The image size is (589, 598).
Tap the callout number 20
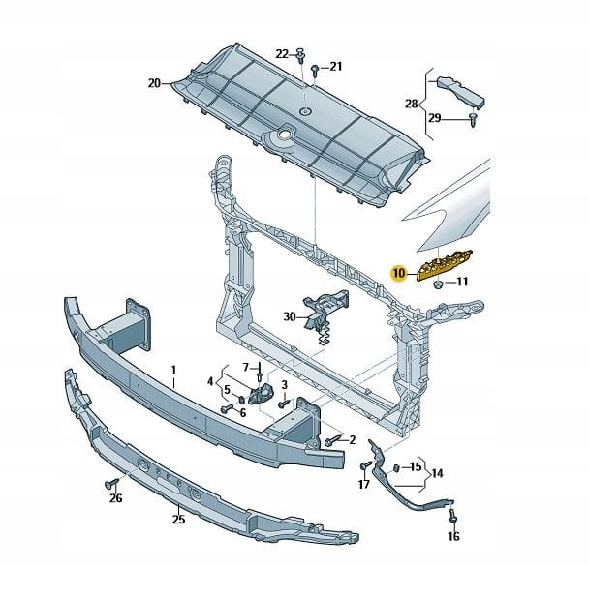[x=154, y=83]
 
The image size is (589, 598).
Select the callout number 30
[x=290, y=316]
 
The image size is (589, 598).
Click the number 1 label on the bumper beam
[x=173, y=370]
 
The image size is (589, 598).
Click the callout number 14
[x=437, y=474]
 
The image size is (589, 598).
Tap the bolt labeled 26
[x=111, y=481]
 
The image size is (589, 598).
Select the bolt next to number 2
[x=330, y=440]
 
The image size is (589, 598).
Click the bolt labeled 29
[x=472, y=118]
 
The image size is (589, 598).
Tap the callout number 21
[x=335, y=67]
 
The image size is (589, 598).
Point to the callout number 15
[x=416, y=465]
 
